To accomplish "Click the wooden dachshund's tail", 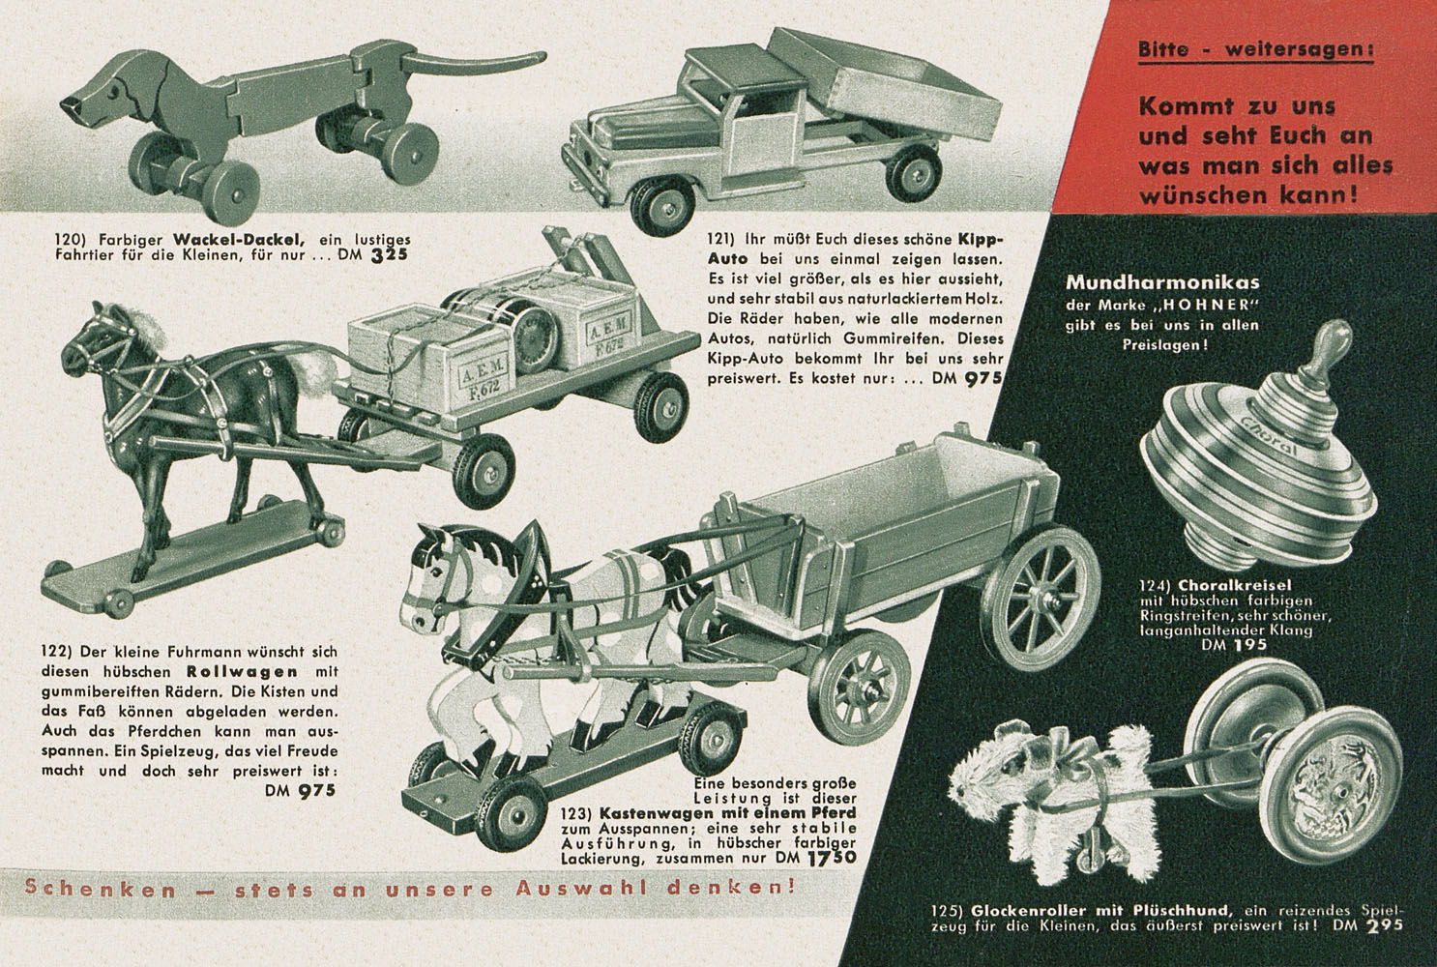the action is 475,62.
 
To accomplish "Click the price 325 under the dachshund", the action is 389,254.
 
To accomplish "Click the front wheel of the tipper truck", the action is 662,207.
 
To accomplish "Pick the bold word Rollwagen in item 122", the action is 243,672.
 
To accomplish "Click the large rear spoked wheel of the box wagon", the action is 1040,598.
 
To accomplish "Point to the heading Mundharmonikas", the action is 1162,282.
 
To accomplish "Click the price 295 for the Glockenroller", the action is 1385,926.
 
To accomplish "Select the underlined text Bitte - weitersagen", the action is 1255,50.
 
